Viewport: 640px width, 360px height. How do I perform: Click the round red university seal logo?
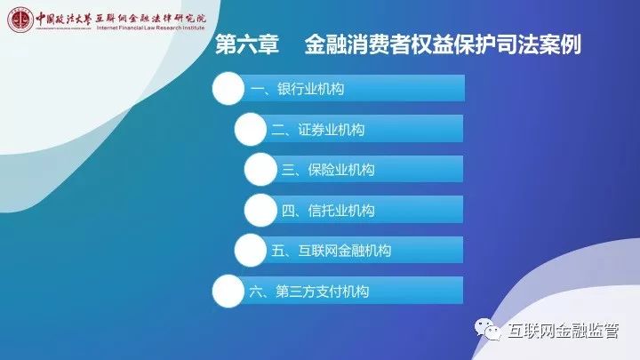pyautogui.click(x=20, y=20)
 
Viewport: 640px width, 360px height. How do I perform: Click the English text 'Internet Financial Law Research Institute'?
pyautogui.click(x=150, y=28)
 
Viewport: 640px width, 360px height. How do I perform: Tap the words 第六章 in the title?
pyautogui.click(x=247, y=44)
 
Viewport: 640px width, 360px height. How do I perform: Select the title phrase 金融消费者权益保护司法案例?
pyautogui.click(x=443, y=44)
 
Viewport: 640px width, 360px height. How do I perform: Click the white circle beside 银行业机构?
pyautogui.click(x=228, y=88)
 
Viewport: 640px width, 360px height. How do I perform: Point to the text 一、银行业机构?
pyautogui.click(x=297, y=89)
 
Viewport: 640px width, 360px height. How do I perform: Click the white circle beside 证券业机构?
pyautogui.click(x=251, y=129)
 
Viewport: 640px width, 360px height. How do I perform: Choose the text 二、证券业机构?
pyautogui.click(x=317, y=130)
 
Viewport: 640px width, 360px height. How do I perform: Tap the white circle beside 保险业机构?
pyautogui.click(x=260, y=170)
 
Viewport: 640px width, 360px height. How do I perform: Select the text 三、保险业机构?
pyautogui.click(x=328, y=170)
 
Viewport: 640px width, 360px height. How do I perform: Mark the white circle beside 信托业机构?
pyautogui.click(x=260, y=210)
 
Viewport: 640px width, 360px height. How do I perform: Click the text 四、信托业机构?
pyautogui.click(x=328, y=210)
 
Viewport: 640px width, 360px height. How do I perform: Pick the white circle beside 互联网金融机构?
pyautogui.click(x=251, y=250)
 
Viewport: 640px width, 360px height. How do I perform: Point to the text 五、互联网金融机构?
pyautogui.click(x=331, y=250)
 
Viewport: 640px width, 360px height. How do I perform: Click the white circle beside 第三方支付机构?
pyautogui.click(x=228, y=291)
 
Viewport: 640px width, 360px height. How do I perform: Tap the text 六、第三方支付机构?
pyautogui.click(x=309, y=291)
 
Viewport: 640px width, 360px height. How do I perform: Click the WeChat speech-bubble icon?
pyautogui.click(x=488, y=329)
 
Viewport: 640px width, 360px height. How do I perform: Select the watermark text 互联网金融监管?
pyautogui.click(x=564, y=331)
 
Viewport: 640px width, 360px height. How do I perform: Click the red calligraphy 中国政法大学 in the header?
pyautogui.click(x=63, y=20)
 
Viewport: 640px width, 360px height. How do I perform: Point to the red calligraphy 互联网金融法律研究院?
pyautogui.click(x=150, y=19)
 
